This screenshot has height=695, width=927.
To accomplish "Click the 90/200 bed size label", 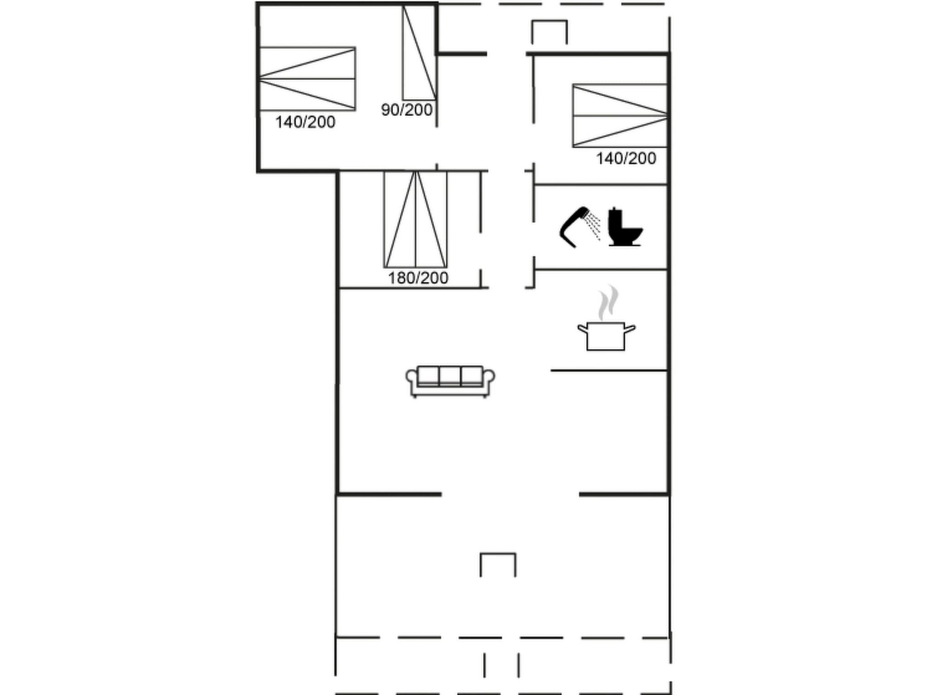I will click(x=406, y=110).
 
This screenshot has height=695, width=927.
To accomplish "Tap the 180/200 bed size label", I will click(x=418, y=278).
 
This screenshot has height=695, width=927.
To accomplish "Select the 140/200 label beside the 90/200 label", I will click(x=305, y=122).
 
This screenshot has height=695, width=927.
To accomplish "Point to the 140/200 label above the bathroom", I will click(x=626, y=158).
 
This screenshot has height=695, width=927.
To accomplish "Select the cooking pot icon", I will click(x=606, y=336).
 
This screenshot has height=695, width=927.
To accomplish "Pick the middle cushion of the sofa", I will click(x=450, y=376).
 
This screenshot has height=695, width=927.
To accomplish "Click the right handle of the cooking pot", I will click(x=630, y=328).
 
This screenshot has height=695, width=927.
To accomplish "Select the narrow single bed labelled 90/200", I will click(x=419, y=53).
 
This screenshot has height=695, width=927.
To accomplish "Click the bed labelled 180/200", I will click(x=416, y=219).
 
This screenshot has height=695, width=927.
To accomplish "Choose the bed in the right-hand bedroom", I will click(x=620, y=116).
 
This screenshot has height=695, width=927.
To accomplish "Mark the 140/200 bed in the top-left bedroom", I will click(x=307, y=79).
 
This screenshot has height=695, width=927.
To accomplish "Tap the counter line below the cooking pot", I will click(x=609, y=371).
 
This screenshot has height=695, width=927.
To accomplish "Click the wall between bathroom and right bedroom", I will click(x=601, y=185).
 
